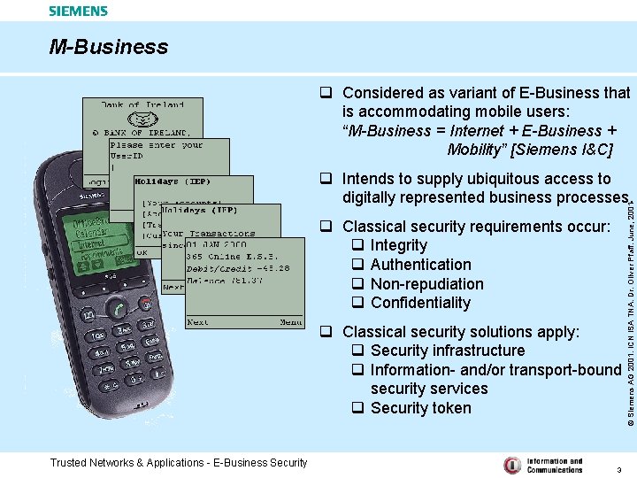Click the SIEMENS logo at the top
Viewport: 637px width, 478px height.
point(78,12)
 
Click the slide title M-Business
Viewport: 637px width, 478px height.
point(108,47)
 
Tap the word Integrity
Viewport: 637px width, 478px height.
point(399,245)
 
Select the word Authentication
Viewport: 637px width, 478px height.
point(421,265)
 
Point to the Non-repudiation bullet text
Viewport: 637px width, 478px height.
point(427,284)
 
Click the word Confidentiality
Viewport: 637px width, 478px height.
point(421,303)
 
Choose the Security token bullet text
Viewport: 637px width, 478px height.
point(421,408)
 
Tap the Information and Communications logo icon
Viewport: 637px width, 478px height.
point(512,465)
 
